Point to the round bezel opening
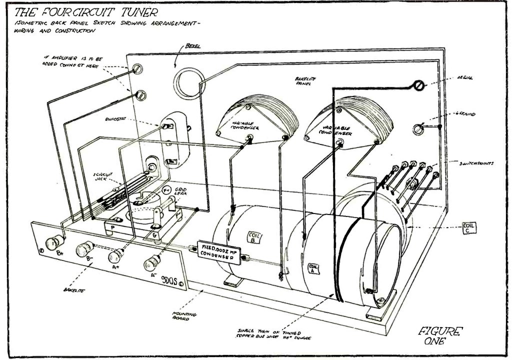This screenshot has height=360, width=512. click(187, 79)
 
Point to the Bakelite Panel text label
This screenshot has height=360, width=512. click(300, 81)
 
